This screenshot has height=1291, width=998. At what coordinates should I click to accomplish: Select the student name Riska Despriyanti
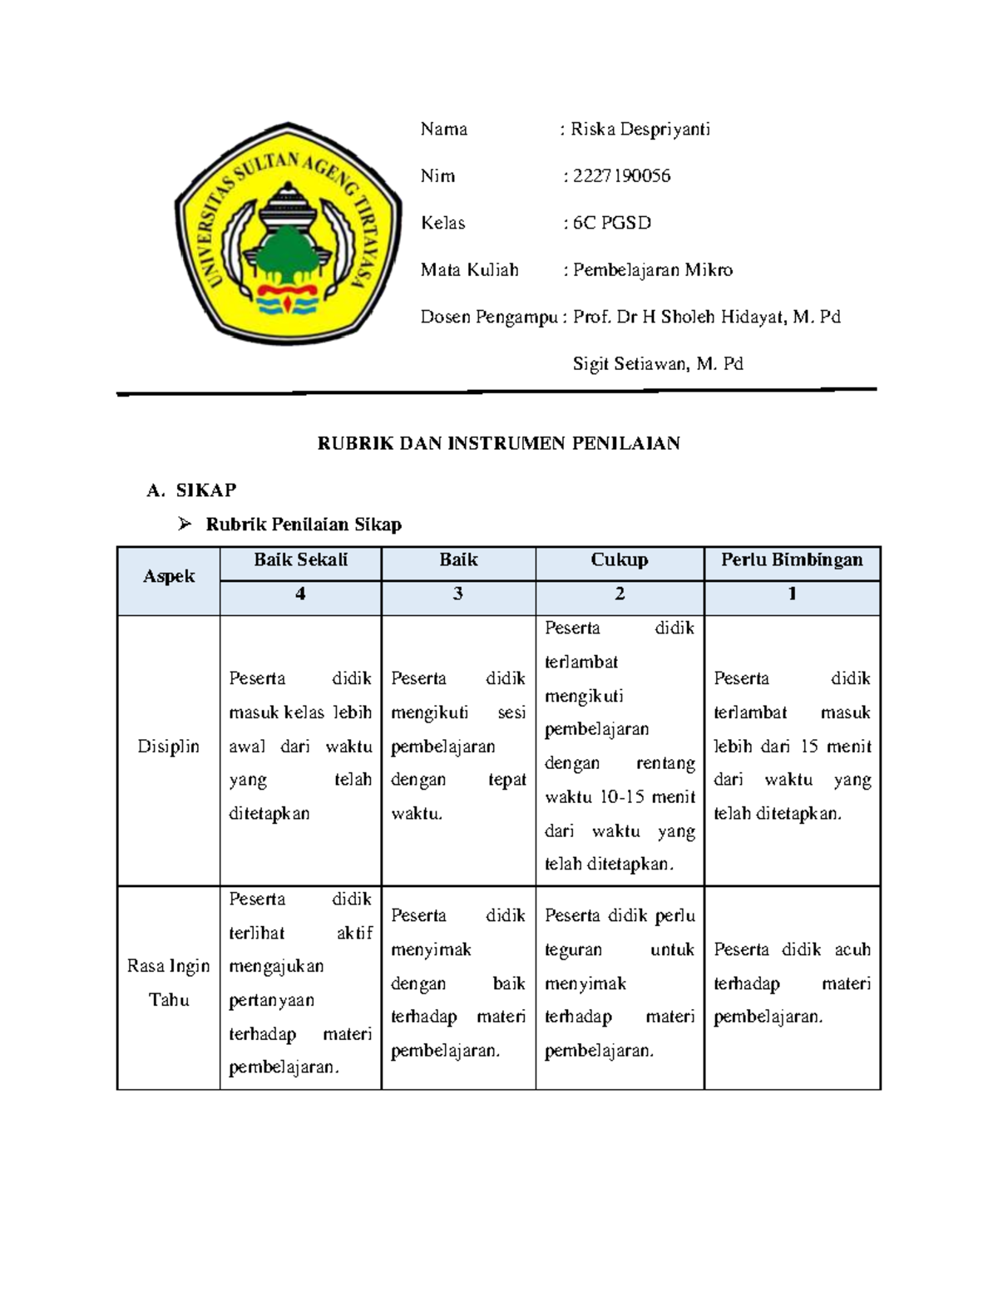pyautogui.click(x=640, y=130)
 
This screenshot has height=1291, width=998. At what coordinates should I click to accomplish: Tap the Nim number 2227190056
pyautogui.click(x=621, y=176)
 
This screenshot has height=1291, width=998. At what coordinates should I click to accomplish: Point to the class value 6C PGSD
pyautogui.click(x=611, y=223)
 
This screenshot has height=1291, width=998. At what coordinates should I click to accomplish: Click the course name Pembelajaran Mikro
pyautogui.click(x=653, y=270)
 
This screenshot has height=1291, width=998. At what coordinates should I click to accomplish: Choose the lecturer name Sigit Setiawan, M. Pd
pyautogui.click(x=658, y=364)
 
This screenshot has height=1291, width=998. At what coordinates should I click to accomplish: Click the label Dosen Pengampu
pyautogui.click(x=488, y=317)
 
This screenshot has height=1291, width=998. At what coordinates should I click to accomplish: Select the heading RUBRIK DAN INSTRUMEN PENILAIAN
pyautogui.click(x=499, y=443)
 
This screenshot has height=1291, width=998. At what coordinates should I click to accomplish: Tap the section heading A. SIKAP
pyautogui.click(x=192, y=490)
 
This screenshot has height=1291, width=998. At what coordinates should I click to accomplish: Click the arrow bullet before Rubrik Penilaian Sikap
pyautogui.click(x=185, y=524)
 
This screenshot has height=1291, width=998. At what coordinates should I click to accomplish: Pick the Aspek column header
pyautogui.click(x=169, y=577)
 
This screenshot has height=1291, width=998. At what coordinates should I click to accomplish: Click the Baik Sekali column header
pyautogui.click(x=300, y=560)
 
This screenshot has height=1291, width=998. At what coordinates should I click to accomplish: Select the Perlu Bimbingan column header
pyautogui.click(x=792, y=560)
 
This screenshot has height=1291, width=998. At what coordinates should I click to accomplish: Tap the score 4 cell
pyautogui.click(x=300, y=594)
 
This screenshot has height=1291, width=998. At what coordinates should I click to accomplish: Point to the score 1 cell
pyautogui.click(x=792, y=594)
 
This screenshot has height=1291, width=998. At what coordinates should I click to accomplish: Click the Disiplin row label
pyautogui.click(x=169, y=747)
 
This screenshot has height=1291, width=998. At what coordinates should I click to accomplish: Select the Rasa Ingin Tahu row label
pyautogui.click(x=169, y=983)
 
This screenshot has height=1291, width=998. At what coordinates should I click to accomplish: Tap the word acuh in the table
pyautogui.click(x=852, y=949)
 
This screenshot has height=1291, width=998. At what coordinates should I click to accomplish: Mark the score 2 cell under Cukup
pyautogui.click(x=620, y=594)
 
